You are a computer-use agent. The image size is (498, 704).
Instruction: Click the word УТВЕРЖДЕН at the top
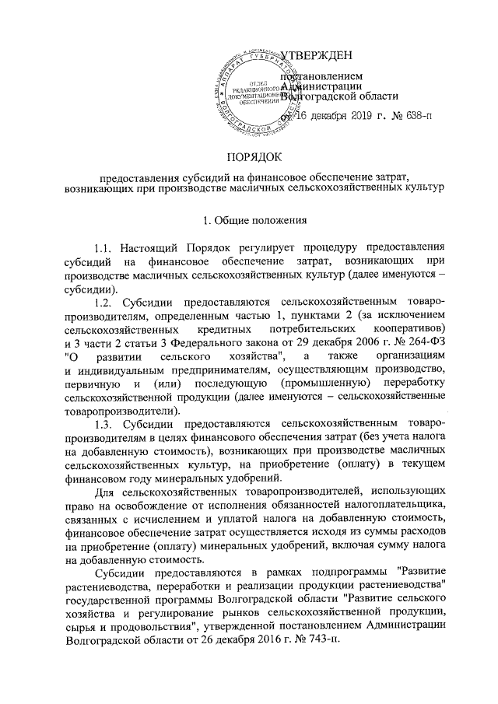pyautogui.click(x=315, y=54)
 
